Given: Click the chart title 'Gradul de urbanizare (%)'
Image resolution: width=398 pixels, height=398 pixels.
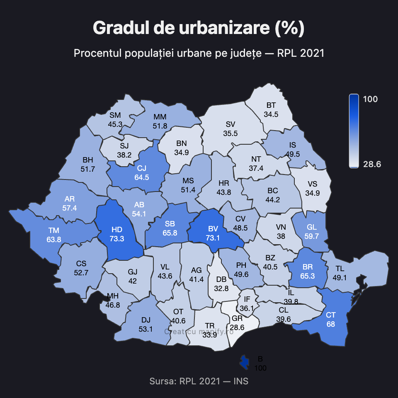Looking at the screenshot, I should tap(199, 28).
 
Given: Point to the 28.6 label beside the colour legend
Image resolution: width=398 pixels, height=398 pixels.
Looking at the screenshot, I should tap(372, 164).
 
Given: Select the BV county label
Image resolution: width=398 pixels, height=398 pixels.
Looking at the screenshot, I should tap(213, 229).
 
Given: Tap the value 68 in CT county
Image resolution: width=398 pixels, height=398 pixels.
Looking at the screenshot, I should tap(330, 324).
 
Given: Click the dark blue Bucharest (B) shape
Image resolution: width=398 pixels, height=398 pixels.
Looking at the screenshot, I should tap(245, 362).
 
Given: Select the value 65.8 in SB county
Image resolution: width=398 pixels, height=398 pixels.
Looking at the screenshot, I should tap(170, 233).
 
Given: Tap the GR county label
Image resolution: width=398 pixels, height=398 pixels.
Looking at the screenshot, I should tap(237, 318).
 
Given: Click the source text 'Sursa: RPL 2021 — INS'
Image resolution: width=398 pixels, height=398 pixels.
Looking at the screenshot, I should tap(199, 381).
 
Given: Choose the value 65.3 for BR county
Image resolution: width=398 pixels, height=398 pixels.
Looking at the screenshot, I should tap(308, 275).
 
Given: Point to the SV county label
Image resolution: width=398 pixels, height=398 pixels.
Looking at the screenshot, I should tap(231, 124).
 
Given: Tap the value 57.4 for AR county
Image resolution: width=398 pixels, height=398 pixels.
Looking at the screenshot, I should tap(70, 208).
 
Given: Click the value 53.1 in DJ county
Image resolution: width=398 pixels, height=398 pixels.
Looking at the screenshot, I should tap(146, 329).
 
